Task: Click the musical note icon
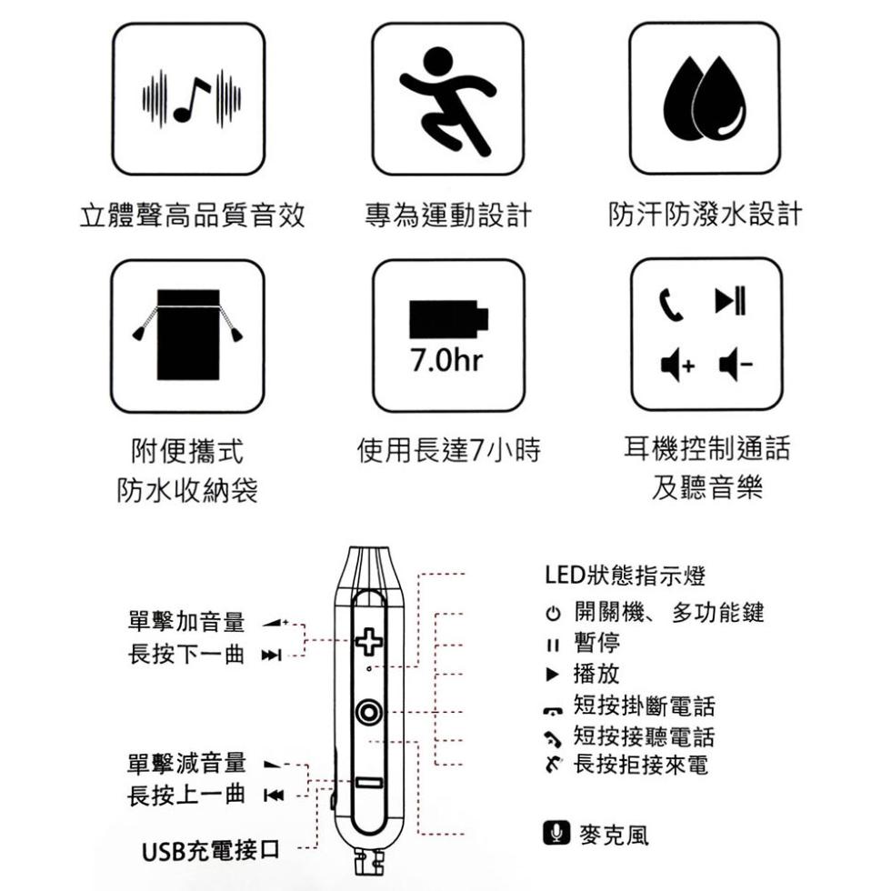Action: click(192, 99)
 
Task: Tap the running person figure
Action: click(447, 100)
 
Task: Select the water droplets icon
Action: click(705, 98)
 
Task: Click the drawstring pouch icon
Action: click(188, 335)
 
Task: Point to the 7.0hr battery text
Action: click(446, 360)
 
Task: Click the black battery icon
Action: click(448, 319)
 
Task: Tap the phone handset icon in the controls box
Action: click(671, 305)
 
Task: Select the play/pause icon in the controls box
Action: click(730, 301)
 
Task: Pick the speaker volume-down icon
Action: click(736, 365)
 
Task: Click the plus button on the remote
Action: click(369, 642)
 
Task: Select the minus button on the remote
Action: click(369, 783)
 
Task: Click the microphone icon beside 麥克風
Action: click(556, 833)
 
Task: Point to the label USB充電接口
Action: click(211, 851)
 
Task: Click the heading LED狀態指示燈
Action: click(626, 575)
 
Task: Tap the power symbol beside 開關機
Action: click(553, 614)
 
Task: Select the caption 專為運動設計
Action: click(448, 215)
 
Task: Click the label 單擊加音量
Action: click(186, 622)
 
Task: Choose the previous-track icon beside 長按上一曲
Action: click(274, 795)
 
